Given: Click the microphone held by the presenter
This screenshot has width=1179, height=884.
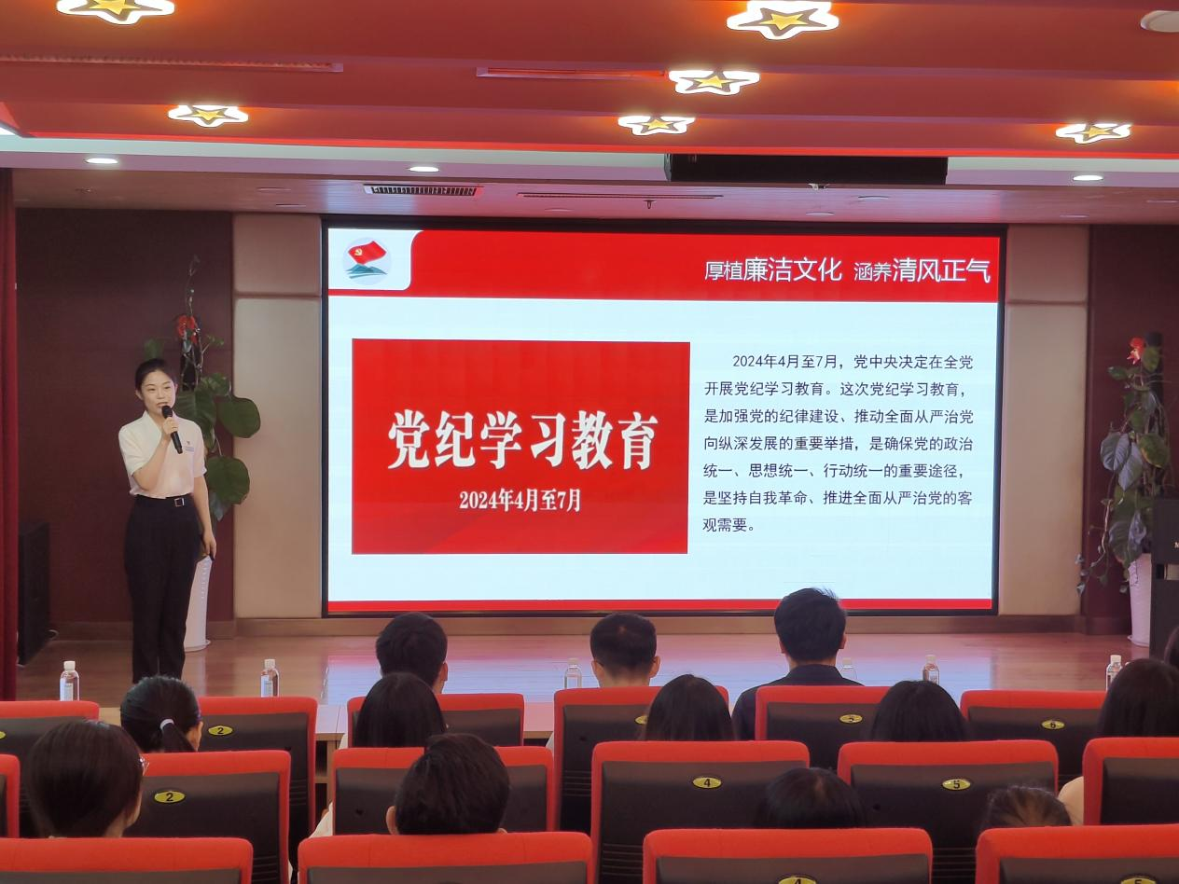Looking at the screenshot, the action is (173, 429).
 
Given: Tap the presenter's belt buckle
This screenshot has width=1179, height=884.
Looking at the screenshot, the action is (179, 502).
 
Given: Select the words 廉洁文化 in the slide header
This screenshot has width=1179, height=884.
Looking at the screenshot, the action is (793, 270).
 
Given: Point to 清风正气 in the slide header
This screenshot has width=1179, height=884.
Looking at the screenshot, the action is (941, 270).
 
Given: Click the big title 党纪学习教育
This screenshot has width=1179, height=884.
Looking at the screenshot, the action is (521, 440).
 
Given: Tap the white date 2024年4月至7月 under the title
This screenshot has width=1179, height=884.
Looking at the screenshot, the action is (520, 501).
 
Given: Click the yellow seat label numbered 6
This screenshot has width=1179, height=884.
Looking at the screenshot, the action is (1052, 725).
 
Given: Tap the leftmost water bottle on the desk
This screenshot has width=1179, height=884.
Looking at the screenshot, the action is (69, 681).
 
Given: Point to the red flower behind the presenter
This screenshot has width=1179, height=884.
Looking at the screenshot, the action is (187, 326).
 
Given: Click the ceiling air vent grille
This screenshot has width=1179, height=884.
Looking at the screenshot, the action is (422, 190).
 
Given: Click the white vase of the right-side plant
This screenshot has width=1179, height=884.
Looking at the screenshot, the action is (1140, 601).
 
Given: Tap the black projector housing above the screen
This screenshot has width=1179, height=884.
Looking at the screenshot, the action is (806, 170).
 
